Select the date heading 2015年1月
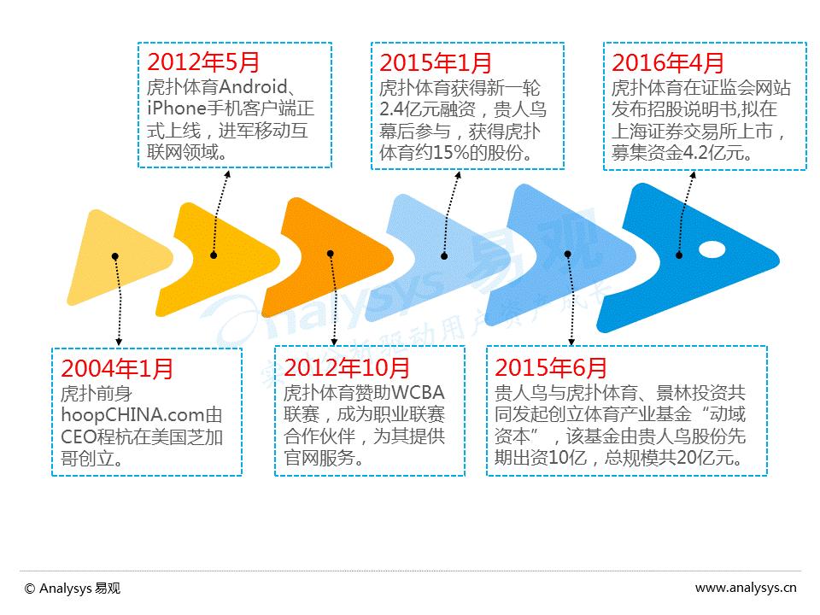[x=436, y=62]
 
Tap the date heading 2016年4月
[x=668, y=62]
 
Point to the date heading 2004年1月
[x=117, y=368]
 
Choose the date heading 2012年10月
[x=347, y=368]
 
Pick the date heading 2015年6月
[x=551, y=368]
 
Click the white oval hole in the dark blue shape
[x=711, y=250]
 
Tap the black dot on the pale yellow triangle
[x=115, y=255]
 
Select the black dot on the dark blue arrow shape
[x=679, y=254]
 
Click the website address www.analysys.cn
[x=746, y=588]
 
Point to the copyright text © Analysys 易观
[x=73, y=588]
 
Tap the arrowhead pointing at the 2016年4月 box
[x=693, y=176]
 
